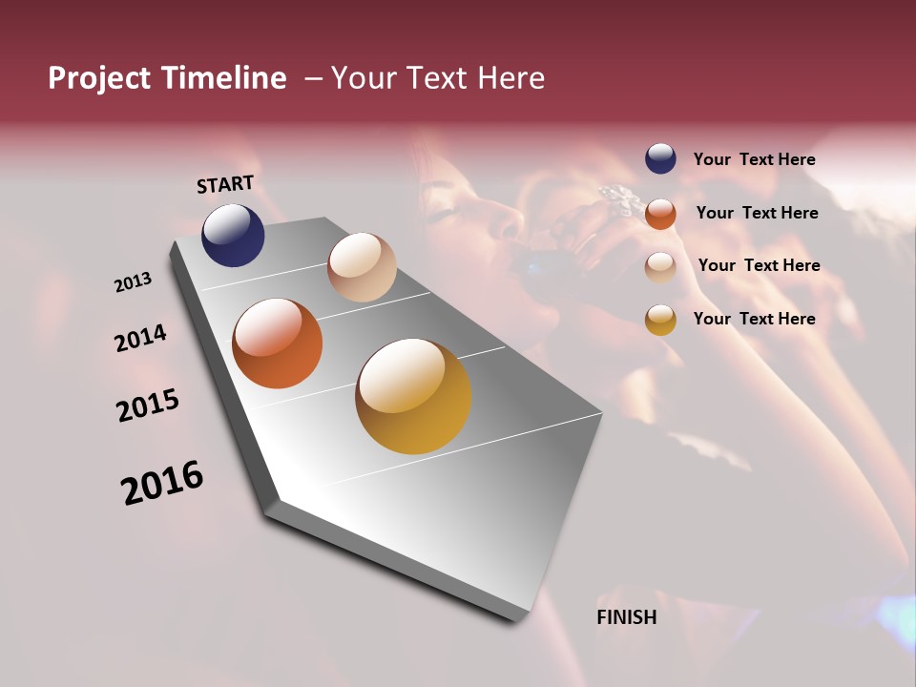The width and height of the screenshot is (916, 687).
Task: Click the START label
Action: click(x=225, y=184)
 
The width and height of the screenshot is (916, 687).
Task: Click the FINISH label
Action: click(x=626, y=617)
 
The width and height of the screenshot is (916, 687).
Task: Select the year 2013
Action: click(x=133, y=282)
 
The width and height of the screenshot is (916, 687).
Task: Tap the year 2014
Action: click(x=140, y=338)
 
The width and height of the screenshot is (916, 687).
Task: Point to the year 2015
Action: click(x=148, y=406)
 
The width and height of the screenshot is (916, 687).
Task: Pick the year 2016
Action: click(x=162, y=483)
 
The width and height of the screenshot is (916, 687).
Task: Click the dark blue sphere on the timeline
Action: click(x=233, y=235)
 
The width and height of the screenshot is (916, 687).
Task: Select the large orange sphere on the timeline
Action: click(x=278, y=343)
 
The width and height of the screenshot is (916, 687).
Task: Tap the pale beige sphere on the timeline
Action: click(x=362, y=267)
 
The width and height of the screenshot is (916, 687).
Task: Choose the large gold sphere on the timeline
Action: click(x=413, y=396)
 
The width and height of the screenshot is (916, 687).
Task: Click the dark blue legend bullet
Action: click(x=660, y=158)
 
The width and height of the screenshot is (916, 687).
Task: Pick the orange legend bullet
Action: click(x=660, y=214)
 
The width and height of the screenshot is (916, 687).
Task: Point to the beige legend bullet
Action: click(x=660, y=266)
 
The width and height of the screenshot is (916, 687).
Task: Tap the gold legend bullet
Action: click(x=660, y=320)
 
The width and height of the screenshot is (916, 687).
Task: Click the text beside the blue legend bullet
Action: click(x=754, y=159)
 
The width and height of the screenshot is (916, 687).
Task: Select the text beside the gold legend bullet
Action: click(x=754, y=319)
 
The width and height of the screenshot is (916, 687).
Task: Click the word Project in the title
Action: click(x=100, y=78)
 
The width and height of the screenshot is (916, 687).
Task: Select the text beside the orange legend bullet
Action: click(x=756, y=213)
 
